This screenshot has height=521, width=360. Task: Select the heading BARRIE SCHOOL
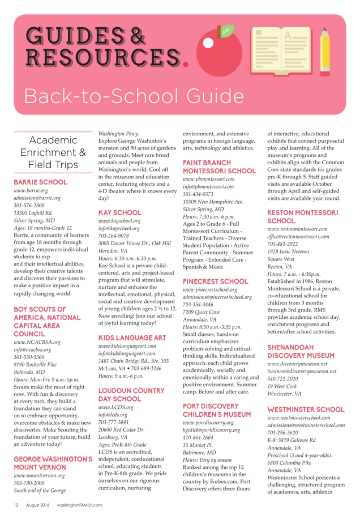pyautogui.click(x=40, y=182)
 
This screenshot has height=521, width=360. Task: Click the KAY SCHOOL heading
pyautogui.click(x=120, y=212)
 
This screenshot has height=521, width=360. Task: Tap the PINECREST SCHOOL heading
pyautogui.click(x=215, y=281)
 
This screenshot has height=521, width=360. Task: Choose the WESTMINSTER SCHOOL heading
pyautogui.click(x=306, y=409)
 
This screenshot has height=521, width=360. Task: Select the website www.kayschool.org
pyautogui.click(x=119, y=221)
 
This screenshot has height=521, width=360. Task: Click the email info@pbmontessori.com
pyautogui.click(x=208, y=186)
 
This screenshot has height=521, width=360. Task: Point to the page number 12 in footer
pyautogui.click(x=16, y=505)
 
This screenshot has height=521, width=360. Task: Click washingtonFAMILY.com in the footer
pyautogui.click(x=79, y=505)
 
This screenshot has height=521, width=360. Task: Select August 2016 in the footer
pyautogui.click(x=38, y=505)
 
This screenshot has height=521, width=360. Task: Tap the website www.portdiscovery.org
pyautogui.click(x=208, y=422)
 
